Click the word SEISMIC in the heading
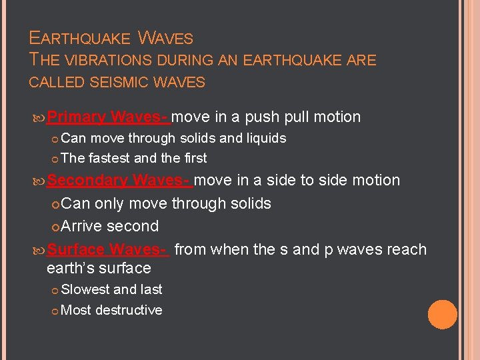(x=130, y=83)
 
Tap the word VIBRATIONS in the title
(x=108, y=60)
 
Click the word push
(x=263, y=117)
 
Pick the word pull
(x=299, y=117)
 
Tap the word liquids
(x=262, y=139)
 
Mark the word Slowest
(x=85, y=289)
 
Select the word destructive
(x=129, y=310)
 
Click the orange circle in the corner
(x=442, y=315)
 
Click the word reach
(x=406, y=249)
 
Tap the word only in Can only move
(x=111, y=203)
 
